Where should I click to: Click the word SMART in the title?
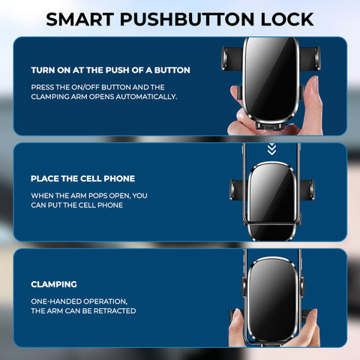pyautogui.click(x=80, y=19)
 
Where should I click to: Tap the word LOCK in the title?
pyautogui.click(x=287, y=19)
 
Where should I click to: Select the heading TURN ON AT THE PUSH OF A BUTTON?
pyautogui.click(x=110, y=70)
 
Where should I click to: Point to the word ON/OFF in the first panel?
pyautogui.click(x=85, y=87)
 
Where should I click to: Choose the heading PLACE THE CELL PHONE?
pyautogui.click(x=82, y=178)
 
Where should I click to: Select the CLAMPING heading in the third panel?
pyautogui.click(x=54, y=284)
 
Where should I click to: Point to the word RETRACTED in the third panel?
pyautogui.click(x=115, y=311)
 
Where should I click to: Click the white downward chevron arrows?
pyautogui.click(x=271, y=149)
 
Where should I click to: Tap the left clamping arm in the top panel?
pyautogui.click(x=232, y=58)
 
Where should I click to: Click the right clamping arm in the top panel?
pyautogui.click(x=310, y=58)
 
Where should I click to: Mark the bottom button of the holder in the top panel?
pyautogui.click(x=269, y=126)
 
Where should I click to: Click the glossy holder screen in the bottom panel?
pyautogui.click(x=272, y=298)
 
